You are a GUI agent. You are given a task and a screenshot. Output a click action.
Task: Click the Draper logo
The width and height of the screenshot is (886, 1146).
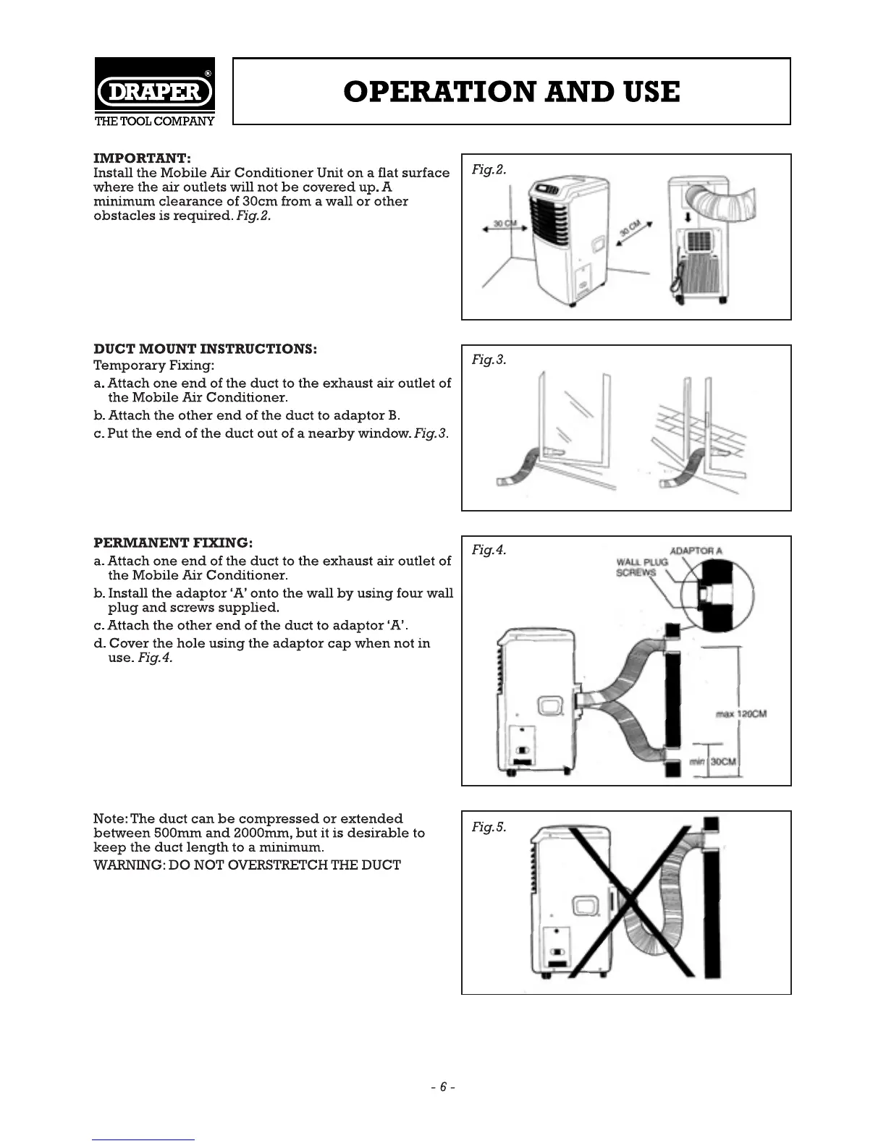154,92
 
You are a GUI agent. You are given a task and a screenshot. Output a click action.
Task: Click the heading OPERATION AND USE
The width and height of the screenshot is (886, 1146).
512,92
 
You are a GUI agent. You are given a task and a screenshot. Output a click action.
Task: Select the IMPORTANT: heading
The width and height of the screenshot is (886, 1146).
143,158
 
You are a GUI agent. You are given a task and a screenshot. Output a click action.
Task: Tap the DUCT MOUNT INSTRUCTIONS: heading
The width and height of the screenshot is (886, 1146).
206,349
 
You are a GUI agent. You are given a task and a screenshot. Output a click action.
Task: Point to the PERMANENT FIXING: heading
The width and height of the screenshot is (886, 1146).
174,543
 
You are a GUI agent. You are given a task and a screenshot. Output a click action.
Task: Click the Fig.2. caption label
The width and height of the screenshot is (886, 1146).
489,169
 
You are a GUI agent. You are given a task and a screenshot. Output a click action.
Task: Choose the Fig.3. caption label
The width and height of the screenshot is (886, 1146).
489,360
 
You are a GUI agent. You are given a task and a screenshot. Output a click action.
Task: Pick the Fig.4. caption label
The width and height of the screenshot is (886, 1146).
489,550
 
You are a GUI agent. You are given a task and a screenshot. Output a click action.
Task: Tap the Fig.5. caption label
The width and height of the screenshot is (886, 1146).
489,826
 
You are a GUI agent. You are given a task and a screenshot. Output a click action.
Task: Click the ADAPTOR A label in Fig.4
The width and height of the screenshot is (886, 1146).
696,551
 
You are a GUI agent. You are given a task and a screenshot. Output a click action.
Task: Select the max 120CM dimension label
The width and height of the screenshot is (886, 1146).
741,714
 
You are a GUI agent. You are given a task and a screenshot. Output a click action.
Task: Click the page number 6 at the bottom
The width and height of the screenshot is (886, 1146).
443,1087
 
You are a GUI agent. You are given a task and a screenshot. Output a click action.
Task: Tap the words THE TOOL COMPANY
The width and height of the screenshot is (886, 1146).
155,121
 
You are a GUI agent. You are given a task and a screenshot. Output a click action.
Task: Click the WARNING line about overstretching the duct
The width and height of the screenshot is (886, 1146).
247,865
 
